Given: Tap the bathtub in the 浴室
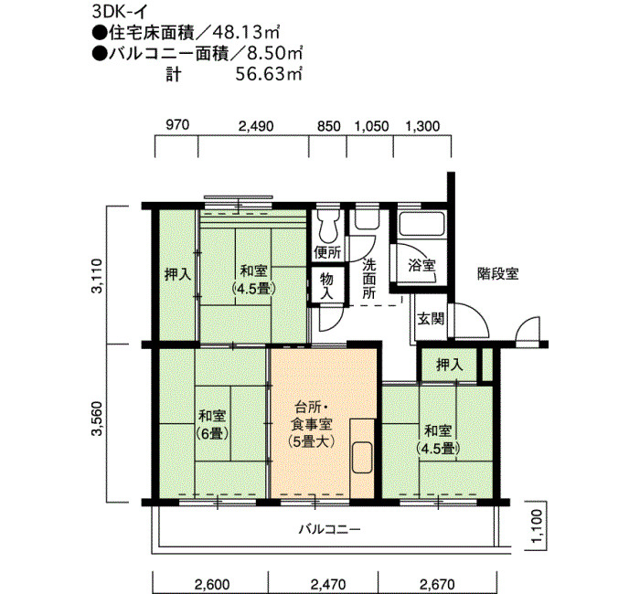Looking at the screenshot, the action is coord(421,224).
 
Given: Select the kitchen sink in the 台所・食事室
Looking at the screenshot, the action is coord(362,457).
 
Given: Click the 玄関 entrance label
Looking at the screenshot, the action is coord(431,318).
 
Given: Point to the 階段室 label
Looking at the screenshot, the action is coord(498,273).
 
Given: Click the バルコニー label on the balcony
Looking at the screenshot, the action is coord(330,529).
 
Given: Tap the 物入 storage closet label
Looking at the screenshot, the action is coord(326,286).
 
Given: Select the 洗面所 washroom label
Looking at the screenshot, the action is coord(369,279).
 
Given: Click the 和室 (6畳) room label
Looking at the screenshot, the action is coord(212,424).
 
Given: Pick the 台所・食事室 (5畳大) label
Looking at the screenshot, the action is coord(312,424).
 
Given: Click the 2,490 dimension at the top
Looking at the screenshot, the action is coord(256,126).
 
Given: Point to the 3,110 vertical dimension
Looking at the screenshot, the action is coord(98,276).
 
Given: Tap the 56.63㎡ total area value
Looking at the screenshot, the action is coord(269,74).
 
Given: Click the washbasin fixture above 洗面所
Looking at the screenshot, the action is coord(368,220).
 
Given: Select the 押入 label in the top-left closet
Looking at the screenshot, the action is coord(177,274).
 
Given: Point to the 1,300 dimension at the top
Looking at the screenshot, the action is coord(423,126).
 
